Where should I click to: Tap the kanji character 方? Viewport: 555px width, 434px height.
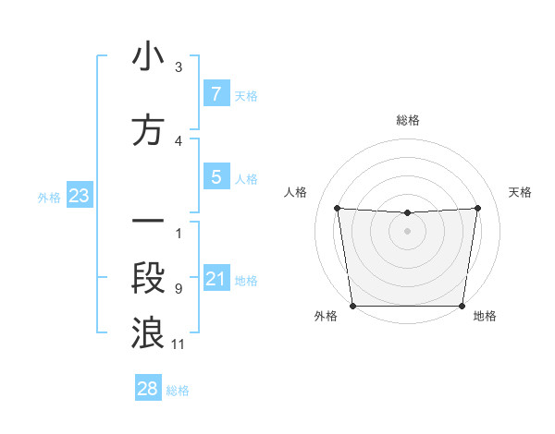point(148,131)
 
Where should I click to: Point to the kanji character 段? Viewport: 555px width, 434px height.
point(148,278)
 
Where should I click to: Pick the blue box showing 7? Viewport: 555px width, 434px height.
point(216,93)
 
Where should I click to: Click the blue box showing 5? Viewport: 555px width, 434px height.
point(216,176)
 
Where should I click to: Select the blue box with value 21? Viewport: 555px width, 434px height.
point(216,279)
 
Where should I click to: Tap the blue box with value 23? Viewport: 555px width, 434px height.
point(78,196)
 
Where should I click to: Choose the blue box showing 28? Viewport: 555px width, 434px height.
point(148,389)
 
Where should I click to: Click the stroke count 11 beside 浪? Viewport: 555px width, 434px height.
point(179,344)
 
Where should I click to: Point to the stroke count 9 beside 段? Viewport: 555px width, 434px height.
point(179,289)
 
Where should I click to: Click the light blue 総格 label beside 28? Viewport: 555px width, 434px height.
point(179,391)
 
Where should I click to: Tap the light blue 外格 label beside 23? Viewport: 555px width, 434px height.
point(49,198)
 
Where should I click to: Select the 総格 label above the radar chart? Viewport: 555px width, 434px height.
point(408,120)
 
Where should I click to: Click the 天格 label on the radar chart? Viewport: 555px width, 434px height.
point(521,192)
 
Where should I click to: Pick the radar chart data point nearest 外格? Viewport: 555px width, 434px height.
point(352,305)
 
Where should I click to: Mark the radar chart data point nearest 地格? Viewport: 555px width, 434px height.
point(462,306)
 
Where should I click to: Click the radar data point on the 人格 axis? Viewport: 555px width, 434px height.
point(337,208)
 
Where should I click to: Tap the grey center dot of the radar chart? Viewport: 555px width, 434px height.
point(408,231)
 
